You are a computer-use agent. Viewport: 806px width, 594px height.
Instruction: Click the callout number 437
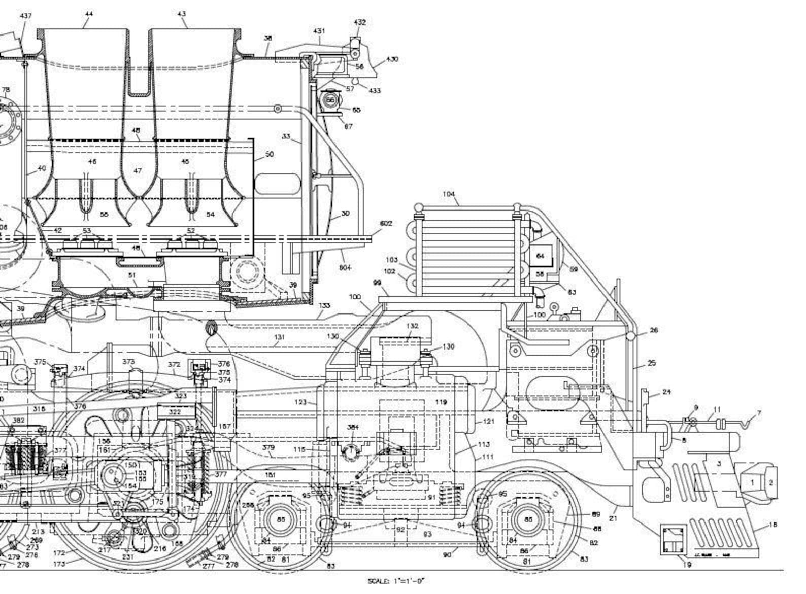pos(26,16)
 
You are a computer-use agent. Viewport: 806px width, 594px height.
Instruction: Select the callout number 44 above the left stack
pos(89,14)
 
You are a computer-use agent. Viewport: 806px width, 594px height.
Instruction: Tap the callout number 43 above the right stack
pos(182,14)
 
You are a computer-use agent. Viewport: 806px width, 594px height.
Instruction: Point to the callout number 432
pos(359,22)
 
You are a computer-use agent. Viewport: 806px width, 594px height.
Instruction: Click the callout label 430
pos(392,59)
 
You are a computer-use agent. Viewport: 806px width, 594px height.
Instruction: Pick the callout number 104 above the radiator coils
pos(449,194)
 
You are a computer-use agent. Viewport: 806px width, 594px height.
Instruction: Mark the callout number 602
pos(386,223)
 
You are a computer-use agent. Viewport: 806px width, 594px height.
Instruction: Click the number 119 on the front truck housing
pos(441,402)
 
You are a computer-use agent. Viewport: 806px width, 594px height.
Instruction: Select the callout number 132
pos(413,326)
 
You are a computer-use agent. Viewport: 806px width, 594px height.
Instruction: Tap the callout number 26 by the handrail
pos(654,330)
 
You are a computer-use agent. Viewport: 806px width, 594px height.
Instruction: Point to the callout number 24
pos(666,392)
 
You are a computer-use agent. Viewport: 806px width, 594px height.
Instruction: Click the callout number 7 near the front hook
pos(759,413)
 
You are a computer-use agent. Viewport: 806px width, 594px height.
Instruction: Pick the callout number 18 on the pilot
pos(773,525)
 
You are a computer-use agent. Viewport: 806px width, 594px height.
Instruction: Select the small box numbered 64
pos(541,256)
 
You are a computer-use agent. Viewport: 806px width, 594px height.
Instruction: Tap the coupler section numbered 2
pos(770,482)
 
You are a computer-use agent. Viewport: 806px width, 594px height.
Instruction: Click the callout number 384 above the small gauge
pos(353,427)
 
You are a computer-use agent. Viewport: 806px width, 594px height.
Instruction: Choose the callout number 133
pos(324,305)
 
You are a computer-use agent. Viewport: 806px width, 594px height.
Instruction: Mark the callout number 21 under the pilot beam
pos(613,518)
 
